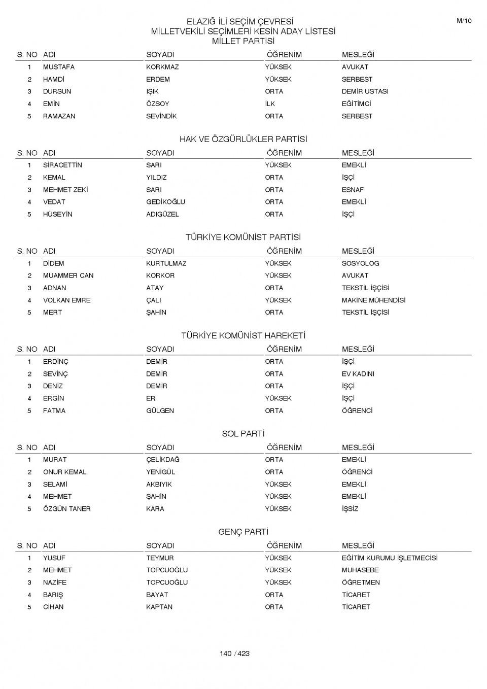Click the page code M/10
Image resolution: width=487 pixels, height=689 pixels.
tap(464, 21)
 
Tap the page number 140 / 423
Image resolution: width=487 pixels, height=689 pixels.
tap(234, 653)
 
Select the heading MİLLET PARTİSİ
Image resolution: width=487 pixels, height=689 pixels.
tap(243, 41)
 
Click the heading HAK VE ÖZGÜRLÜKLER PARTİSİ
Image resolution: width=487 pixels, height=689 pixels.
tap(243, 139)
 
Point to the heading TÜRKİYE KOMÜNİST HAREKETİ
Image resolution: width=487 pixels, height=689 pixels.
tap(243, 335)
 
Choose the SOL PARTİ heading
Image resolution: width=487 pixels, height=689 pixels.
tap(243, 434)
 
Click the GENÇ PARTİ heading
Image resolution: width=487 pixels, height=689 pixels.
tap(243, 532)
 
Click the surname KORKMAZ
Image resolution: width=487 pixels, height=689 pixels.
tap(162, 67)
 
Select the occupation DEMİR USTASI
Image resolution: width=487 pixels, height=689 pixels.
tap(365, 91)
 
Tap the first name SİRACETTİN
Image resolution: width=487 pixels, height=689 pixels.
tap(62, 165)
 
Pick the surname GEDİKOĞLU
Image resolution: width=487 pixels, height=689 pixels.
tap(165, 202)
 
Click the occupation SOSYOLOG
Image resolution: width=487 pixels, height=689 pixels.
tap(360, 263)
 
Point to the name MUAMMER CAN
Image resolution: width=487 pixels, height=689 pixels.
tap(68, 275)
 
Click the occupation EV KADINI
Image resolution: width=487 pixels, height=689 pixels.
tap(358, 374)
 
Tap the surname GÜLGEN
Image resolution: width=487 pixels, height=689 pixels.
tap(160, 411)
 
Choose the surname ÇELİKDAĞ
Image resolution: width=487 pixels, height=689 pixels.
tap(163, 460)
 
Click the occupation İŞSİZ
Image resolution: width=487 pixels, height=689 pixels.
tap(350, 509)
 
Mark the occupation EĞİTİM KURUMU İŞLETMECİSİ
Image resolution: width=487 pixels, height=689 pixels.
tap(389, 558)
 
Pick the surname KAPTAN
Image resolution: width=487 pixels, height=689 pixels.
tap(159, 607)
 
